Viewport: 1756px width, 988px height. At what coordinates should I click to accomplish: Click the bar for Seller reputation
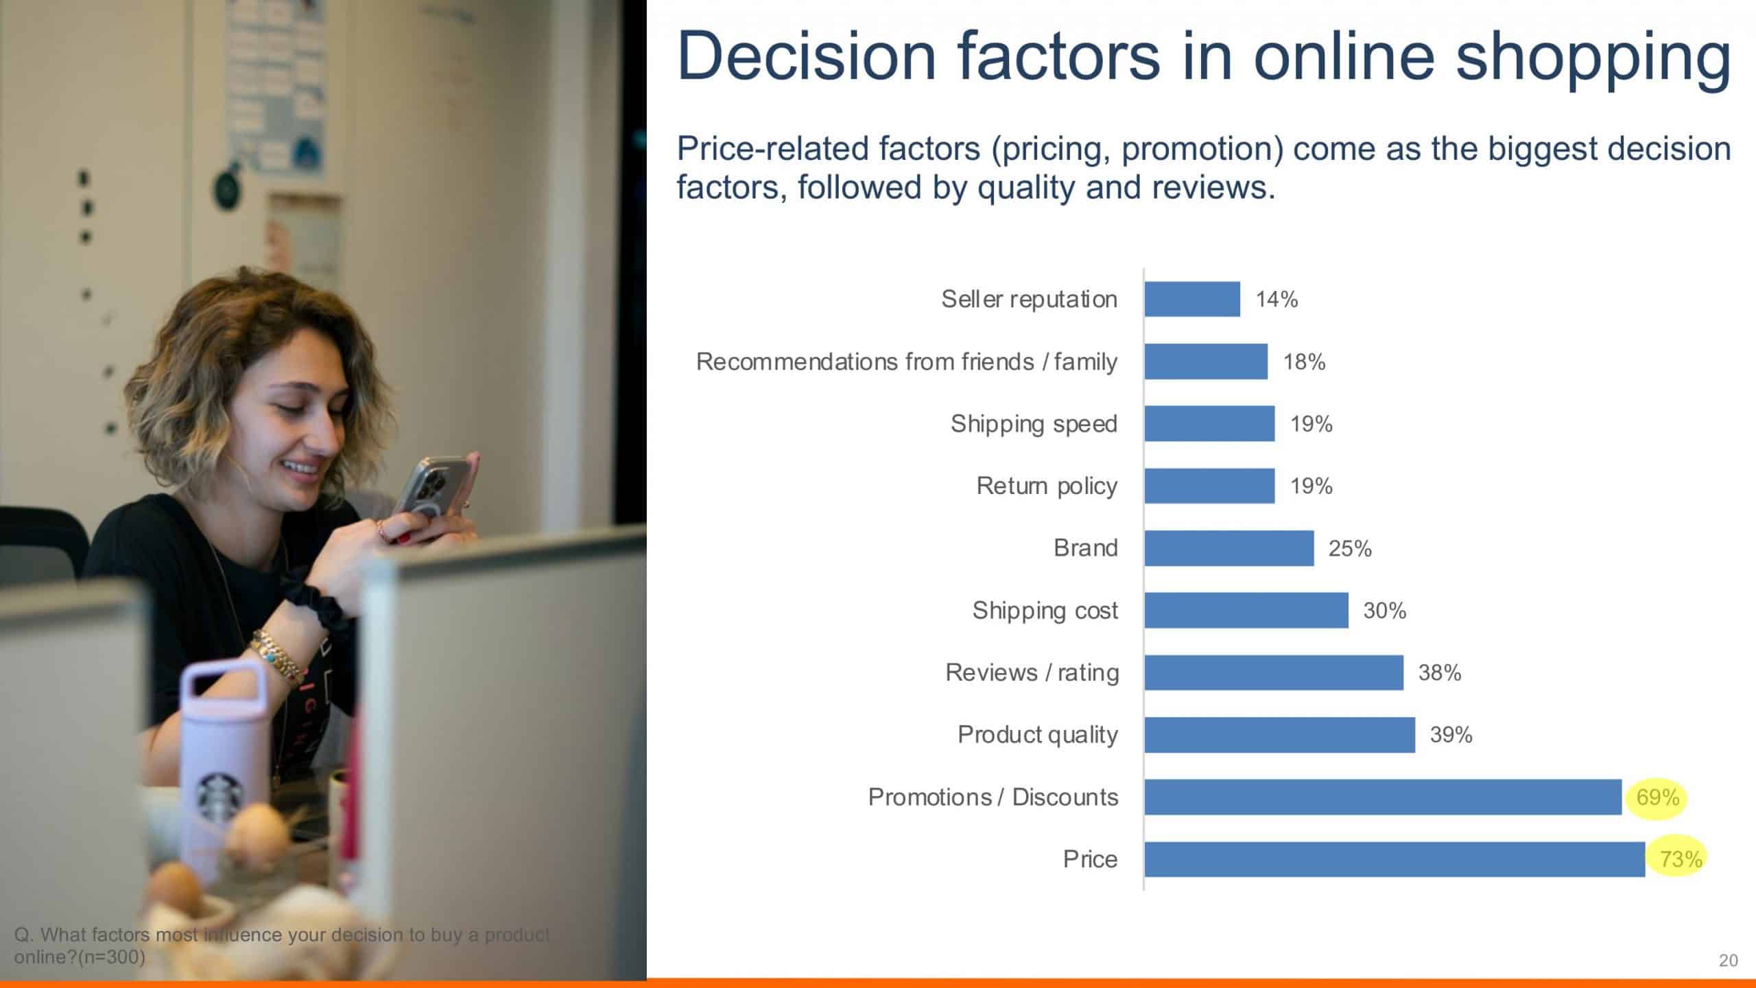click(1192, 299)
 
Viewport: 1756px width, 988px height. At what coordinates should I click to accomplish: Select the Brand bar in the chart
click(1229, 548)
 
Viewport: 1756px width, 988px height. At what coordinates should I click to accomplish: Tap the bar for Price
click(1395, 859)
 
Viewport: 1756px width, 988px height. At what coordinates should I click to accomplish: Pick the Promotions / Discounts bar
click(1383, 797)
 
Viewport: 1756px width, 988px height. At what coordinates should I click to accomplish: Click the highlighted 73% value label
click(1681, 859)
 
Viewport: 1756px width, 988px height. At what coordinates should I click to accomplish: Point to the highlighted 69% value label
click(1658, 797)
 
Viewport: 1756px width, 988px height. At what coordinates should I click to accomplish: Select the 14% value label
click(1277, 299)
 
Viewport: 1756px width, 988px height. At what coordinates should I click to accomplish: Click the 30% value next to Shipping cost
click(1384, 611)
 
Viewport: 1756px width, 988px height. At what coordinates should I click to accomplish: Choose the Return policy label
click(1047, 486)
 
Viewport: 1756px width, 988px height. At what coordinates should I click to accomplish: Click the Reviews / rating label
click(1032, 673)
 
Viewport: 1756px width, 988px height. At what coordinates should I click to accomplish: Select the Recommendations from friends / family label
click(907, 362)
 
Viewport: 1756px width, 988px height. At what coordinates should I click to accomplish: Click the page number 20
click(1728, 961)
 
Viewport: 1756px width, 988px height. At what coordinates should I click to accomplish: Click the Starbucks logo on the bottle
click(220, 798)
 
